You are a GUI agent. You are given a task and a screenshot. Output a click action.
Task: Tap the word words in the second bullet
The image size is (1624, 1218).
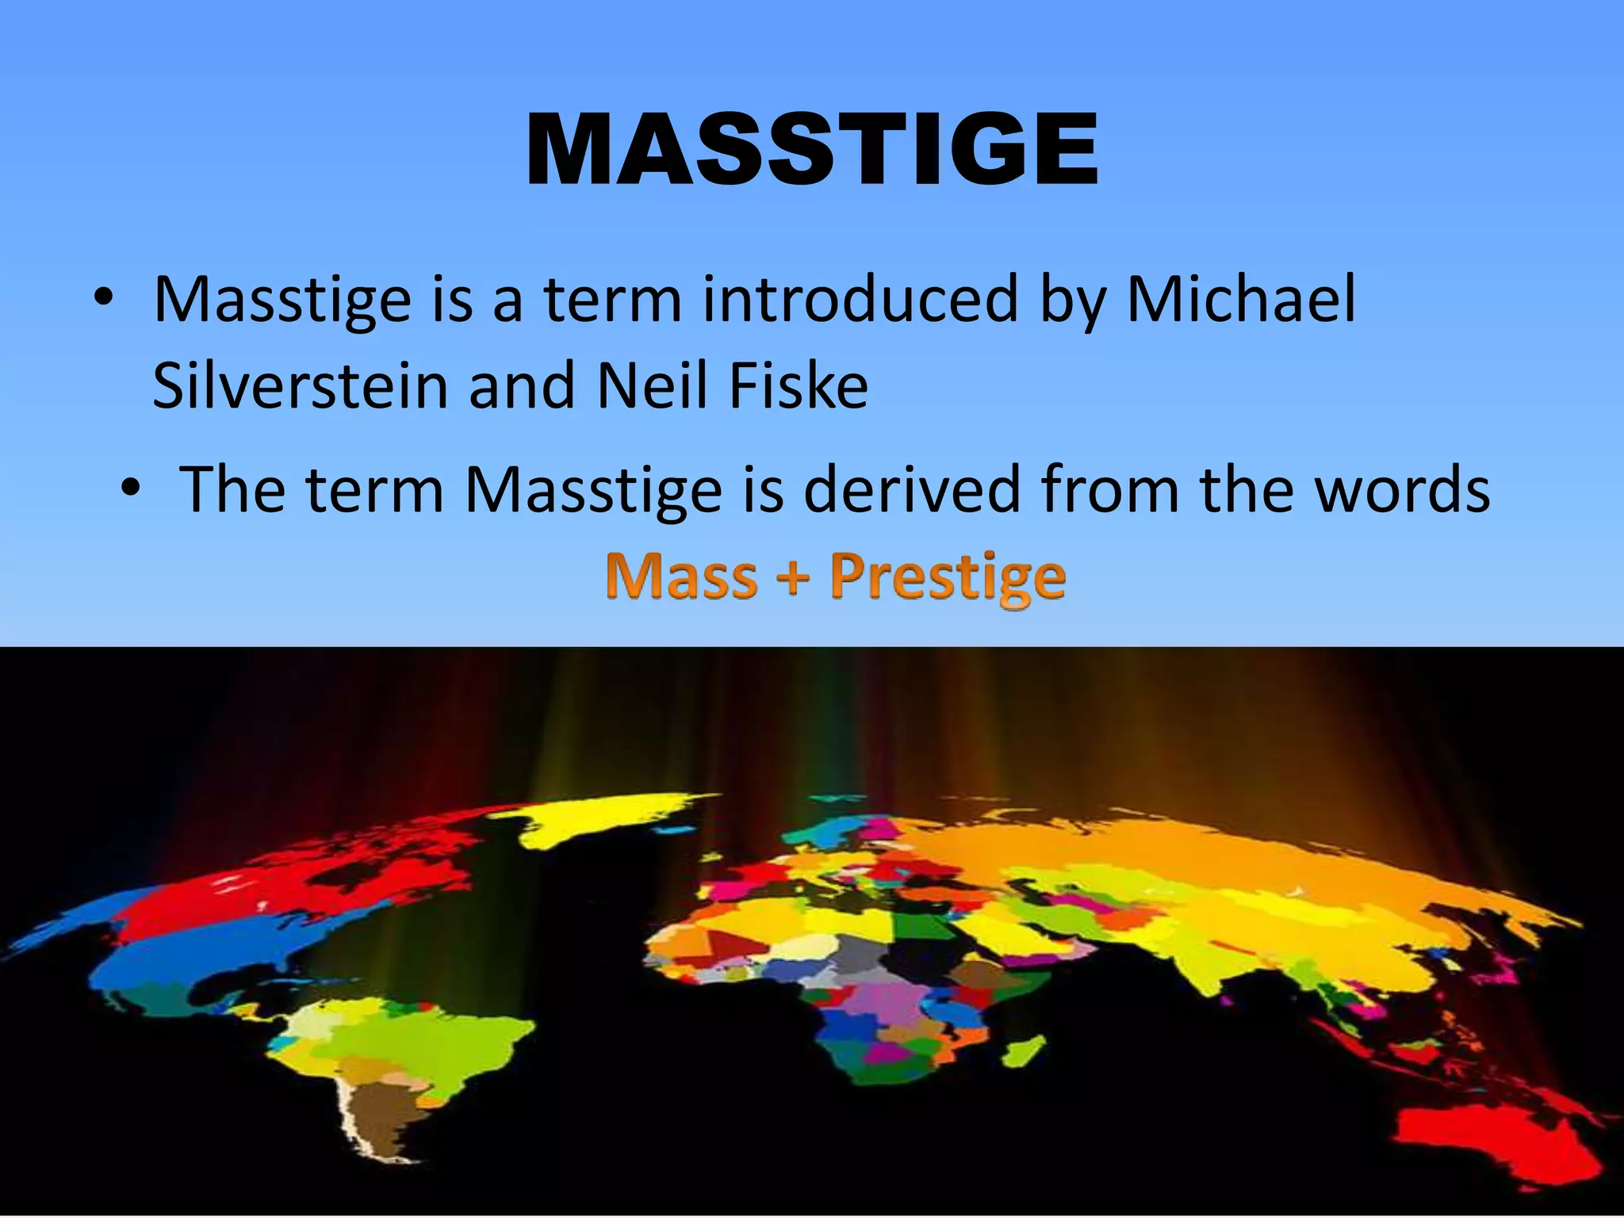tap(1402, 490)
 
